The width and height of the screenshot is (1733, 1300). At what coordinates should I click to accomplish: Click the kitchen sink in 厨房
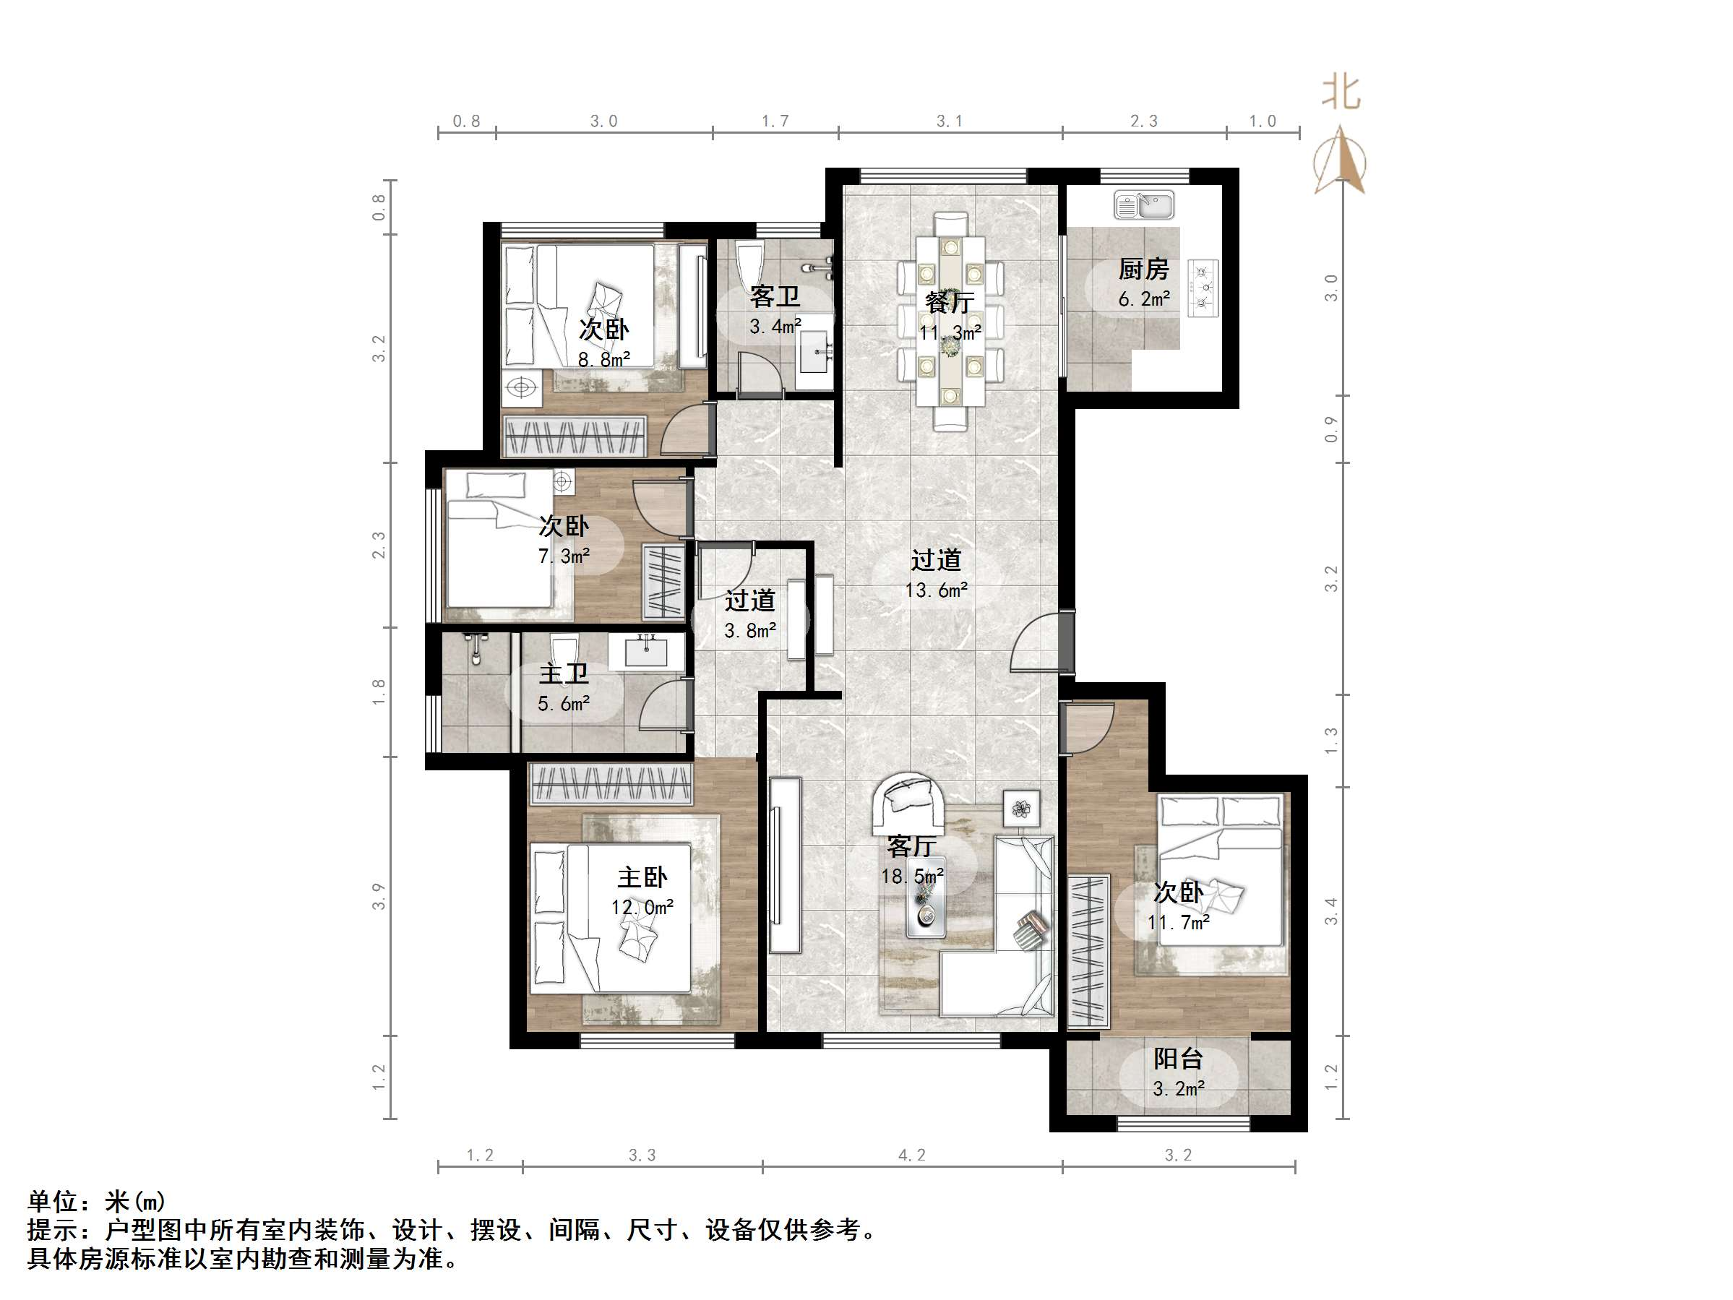point(1144,206)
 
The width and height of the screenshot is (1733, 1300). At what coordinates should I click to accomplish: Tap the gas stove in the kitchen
point(1203,288)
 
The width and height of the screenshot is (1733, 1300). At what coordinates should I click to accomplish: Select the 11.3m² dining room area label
point(950,333)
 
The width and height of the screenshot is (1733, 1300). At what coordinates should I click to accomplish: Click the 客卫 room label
point(774,296)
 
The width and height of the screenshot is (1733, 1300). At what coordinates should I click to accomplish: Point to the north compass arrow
point(1341,160)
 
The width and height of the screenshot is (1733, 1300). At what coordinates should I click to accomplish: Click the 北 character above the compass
point(1341,93)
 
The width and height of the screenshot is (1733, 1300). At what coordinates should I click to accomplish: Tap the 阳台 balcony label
point(1177,1059)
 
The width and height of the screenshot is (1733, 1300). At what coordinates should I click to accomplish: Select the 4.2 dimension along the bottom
point(911,1155)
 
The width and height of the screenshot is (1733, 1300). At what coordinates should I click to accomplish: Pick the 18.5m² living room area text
point(911,876)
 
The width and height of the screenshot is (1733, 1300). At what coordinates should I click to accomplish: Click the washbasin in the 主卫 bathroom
point(646,650)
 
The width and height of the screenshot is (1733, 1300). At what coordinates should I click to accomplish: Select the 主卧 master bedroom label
point(642,877)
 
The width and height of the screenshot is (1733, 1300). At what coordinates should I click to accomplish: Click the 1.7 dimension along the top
point(775,121)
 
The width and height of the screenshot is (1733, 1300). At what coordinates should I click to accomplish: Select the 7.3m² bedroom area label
point(563,556)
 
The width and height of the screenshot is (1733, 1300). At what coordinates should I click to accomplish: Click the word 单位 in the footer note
point(53,1201)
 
